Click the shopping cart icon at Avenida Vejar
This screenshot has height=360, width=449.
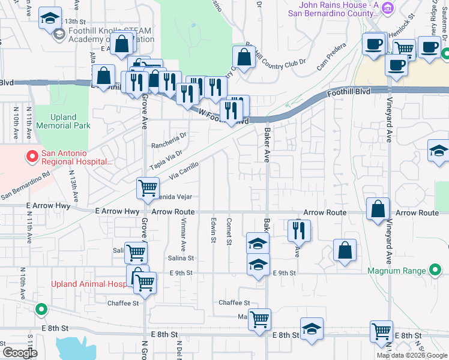tap(148, 188)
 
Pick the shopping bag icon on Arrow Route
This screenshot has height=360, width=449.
tap(378, 210)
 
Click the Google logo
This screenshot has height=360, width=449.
tap(20, 353)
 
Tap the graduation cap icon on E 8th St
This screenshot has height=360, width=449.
tap(312, 329)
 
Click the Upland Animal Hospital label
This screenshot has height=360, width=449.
tap(87, 284)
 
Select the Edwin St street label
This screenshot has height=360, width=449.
tap(213, 232)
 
